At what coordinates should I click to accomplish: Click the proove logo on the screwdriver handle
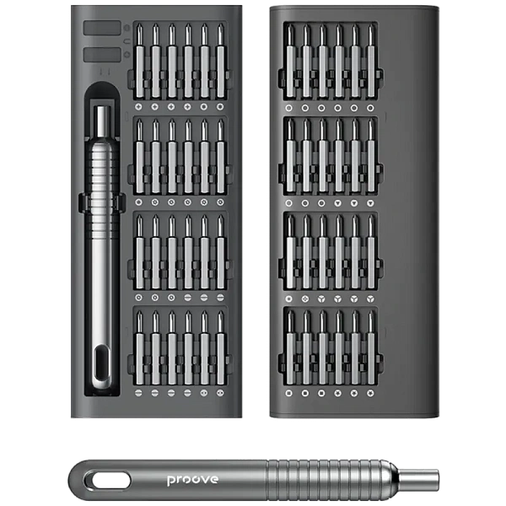(192, 480)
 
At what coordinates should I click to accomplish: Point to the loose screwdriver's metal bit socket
(418, 480)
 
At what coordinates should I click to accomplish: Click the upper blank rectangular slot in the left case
(102, 28)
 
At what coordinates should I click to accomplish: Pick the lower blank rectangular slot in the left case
(102, 55)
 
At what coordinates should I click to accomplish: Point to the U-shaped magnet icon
(126, 41)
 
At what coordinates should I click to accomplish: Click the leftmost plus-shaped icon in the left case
(138, 107)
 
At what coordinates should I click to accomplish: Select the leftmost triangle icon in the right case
(338, 203)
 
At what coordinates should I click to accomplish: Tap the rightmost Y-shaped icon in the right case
(370, 299)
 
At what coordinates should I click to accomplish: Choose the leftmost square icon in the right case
(288, 393)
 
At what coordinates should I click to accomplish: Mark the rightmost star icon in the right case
(370, 393)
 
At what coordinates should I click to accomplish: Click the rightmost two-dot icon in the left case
(220, 393)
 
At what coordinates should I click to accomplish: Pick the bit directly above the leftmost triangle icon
(338, 156)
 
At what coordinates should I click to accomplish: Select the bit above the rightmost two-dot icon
(220, 347)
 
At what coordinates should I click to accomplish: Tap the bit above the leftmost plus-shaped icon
(139, 61)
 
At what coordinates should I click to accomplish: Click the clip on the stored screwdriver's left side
(83, 203)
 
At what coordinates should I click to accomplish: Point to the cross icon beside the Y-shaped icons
(305, 299)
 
